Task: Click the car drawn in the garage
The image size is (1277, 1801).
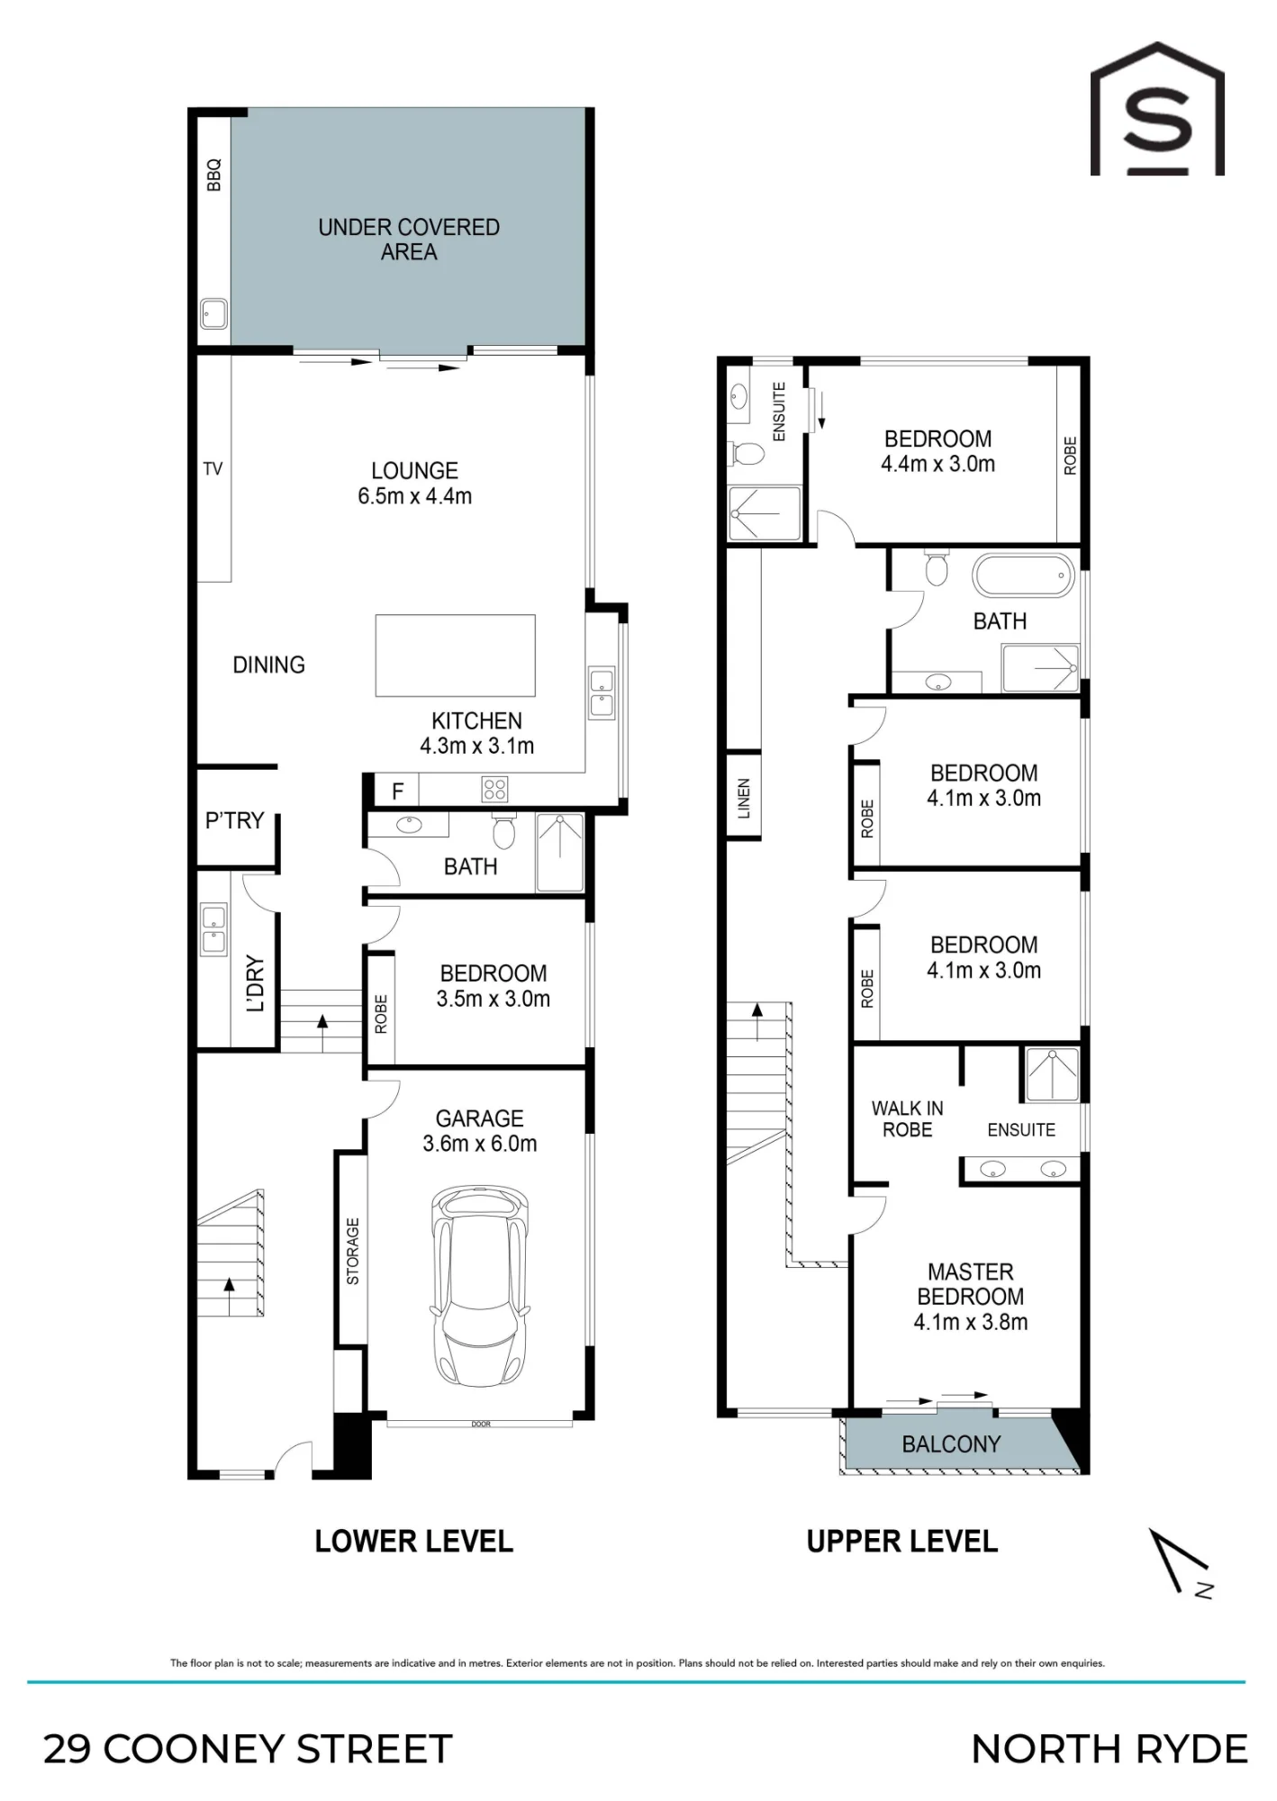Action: pyautogui.click(x=479, y=1288)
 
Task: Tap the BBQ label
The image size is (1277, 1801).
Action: pyautogui.click(x=213, y=175)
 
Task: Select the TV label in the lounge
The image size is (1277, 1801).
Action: pyautogui.click(x=213, y=468)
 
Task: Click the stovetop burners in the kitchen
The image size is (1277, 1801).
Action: pyautogui.click(x=495, y=790)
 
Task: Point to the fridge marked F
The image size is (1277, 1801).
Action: pyautogui.click(x=397, y=791)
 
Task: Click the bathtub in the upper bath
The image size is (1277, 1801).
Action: pyautogui.click(x=1023, y=575)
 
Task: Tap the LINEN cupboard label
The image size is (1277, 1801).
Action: pyautogui.click(x=744, y=798)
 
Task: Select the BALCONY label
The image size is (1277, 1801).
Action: pyautogui.click(x=951, y=1444)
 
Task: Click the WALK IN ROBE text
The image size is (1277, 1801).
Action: pyautogui.click(x=907, y=1119)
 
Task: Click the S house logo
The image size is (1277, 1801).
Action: pyautogui.click(x=1157, y=108)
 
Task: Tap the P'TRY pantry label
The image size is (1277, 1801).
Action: pyautogui.click(x=234, y=820)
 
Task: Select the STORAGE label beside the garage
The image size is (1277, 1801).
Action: pyautogui.click(x=352, y=1251)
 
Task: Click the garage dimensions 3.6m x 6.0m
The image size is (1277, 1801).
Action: pyautogui.click(x=480, y=1144)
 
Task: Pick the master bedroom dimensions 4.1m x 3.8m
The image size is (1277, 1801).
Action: pyautogui.click(x=971, y=1322)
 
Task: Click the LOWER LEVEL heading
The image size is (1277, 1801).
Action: pyautogui.click(x=414, y=1541)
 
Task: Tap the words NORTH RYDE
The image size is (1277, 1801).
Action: pyautogui.click(x=1109, y=1749)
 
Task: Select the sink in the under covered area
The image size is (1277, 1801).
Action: pyautogui.click(x=213, y=313)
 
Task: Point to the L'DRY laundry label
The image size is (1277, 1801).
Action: pyautogui.click(x=256, y=983)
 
